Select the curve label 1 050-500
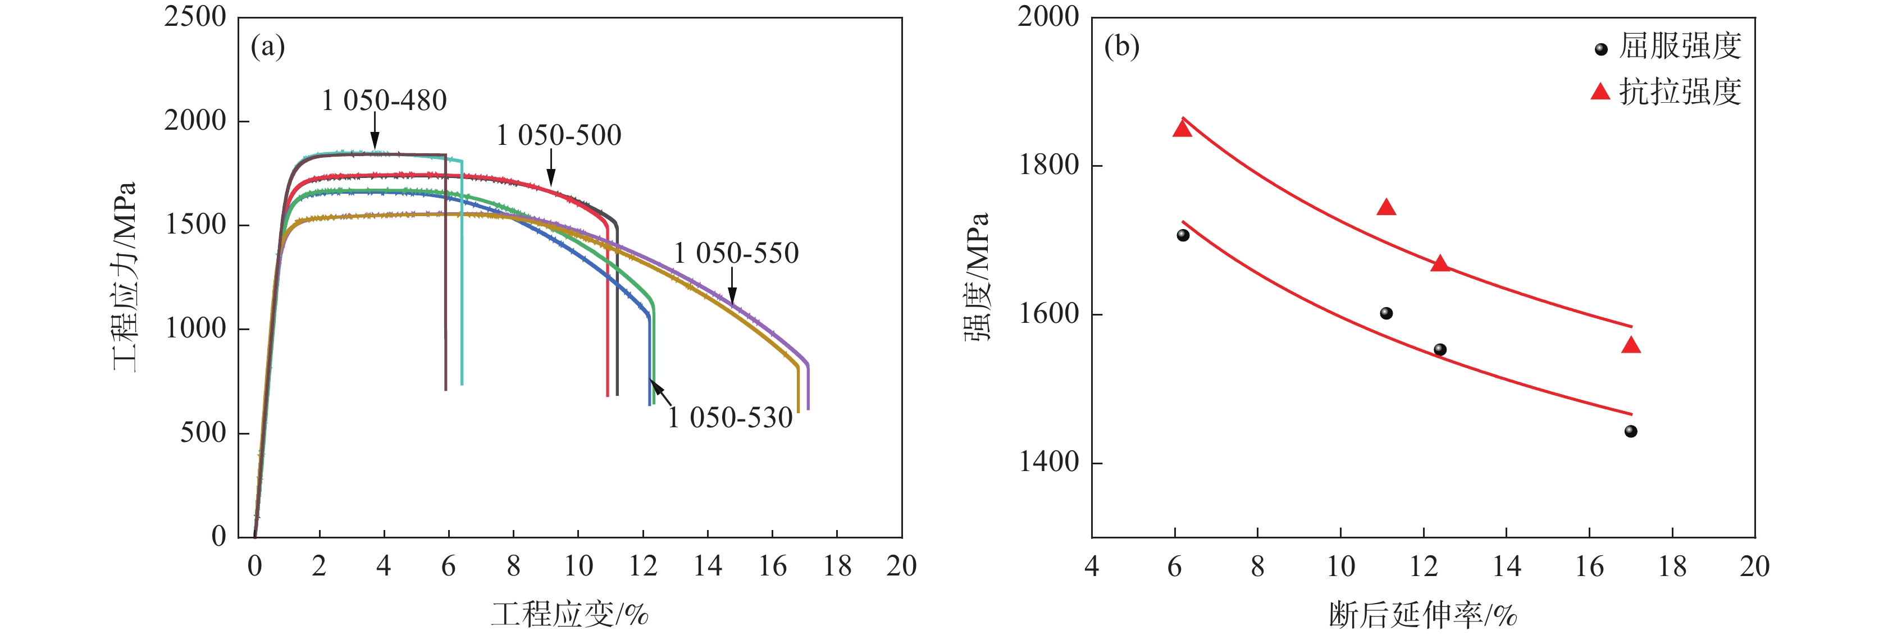[x=559, y=136]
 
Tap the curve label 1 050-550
[x=736, y=254]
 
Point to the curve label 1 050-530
[x=730, y=418]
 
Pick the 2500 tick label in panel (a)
[x=195, y=17]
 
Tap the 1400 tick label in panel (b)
[x=1048, y=462]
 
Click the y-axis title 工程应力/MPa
[x=124, y=277]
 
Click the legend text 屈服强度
[x=1680, y=47]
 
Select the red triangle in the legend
[x=1600, y=92]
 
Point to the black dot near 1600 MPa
[x=1387, y=313]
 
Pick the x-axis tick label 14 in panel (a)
[x=708, y=567]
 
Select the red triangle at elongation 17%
[x=1631, y=345]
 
